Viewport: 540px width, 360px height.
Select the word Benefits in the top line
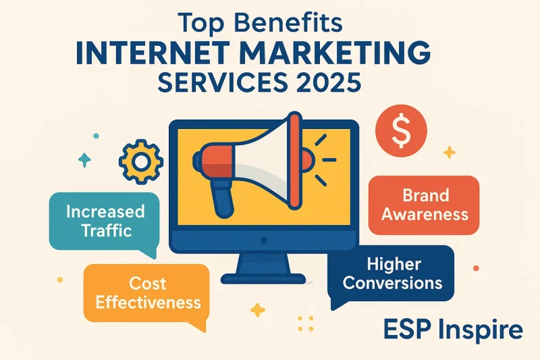[289, 24]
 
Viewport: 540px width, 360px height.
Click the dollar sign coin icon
[401, 131]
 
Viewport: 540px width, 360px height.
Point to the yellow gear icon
[141, 161]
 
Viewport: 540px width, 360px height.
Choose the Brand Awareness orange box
[424, 205]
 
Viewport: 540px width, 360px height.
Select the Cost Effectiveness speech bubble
[146, 294]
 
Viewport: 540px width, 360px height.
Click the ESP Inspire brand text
[452, 330]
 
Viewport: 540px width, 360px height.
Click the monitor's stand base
[263, 278]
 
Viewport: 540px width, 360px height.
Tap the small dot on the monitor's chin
[264, 240]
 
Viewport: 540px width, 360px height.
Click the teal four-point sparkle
[84, 160]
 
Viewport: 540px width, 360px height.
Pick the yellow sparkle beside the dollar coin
[449, 152]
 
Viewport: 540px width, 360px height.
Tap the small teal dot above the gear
[96, 136]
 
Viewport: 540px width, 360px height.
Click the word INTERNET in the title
[153, 53]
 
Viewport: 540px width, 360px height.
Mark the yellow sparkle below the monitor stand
[257, 310]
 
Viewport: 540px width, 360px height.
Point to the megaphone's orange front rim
[295, 161]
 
